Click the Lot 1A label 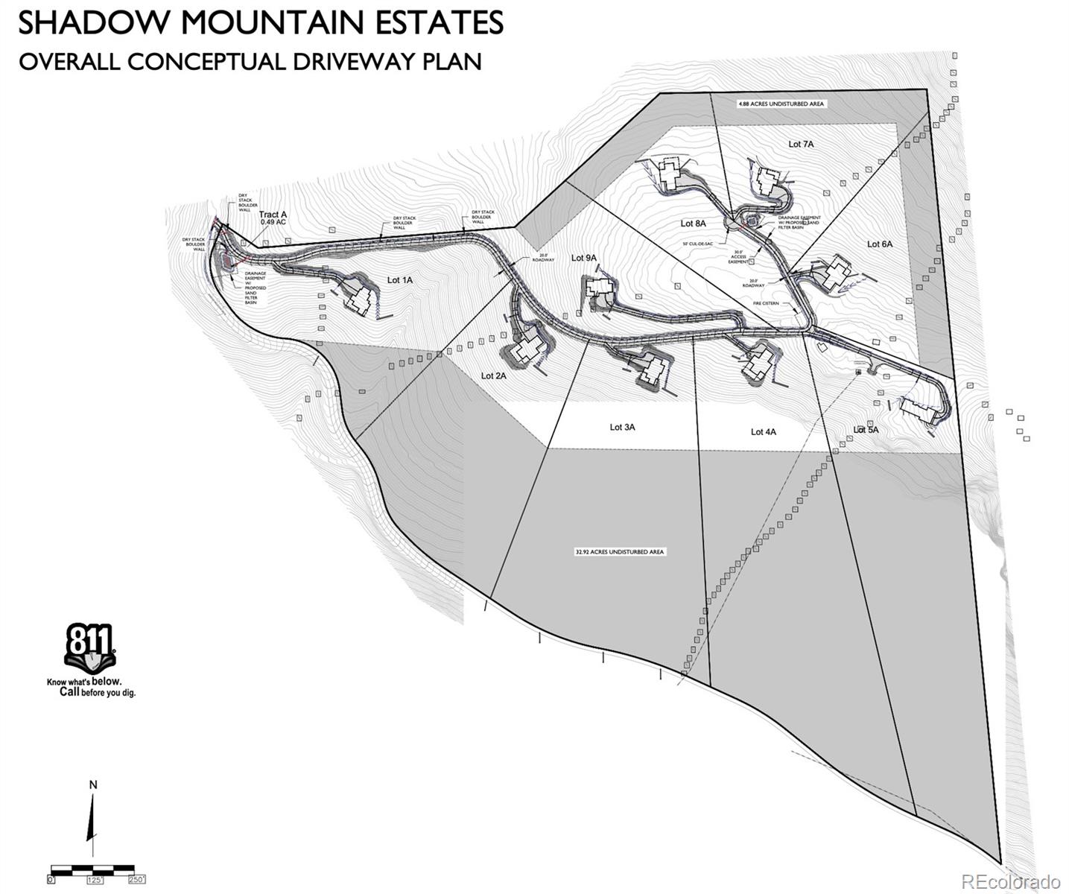(399, 280)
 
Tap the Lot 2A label (493, 375)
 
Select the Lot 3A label (622, 427)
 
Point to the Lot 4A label (763, 431)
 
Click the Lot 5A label (866, 430)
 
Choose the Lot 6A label (879, 244)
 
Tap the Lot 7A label (801, 144)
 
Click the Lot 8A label (693, 223)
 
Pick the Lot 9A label (584, 258)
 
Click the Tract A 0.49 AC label (273, 218)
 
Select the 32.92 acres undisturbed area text (619, 552)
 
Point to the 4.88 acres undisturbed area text (781, 104)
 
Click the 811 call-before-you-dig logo (90, 648)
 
